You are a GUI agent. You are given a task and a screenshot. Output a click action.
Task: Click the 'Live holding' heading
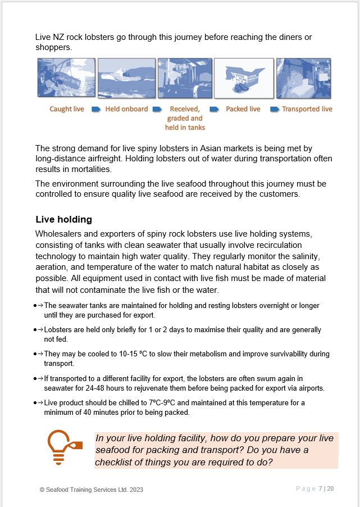point(63,219)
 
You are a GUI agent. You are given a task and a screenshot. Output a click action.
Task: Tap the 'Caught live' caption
point(67,109)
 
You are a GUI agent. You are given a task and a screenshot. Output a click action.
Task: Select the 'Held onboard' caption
point(126,109)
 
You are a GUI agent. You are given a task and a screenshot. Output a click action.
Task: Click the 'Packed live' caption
point(243,109)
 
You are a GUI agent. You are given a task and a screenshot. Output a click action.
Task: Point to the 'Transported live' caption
point(307,109)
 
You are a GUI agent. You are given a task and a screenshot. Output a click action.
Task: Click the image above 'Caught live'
point(66,78)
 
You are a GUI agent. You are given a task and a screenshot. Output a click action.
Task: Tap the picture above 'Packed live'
point(244,78)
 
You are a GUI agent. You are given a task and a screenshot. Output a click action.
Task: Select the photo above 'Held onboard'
point(126,78)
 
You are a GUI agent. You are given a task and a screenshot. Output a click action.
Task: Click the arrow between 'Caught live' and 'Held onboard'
point(95,109)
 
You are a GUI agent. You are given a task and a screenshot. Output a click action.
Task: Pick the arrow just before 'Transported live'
point(275,109)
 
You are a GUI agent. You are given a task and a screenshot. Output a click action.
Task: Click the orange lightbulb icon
point(63,447)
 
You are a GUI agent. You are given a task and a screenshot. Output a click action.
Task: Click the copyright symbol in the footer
point(42,490)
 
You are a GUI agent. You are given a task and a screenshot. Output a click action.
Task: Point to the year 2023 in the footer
point(136,490)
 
